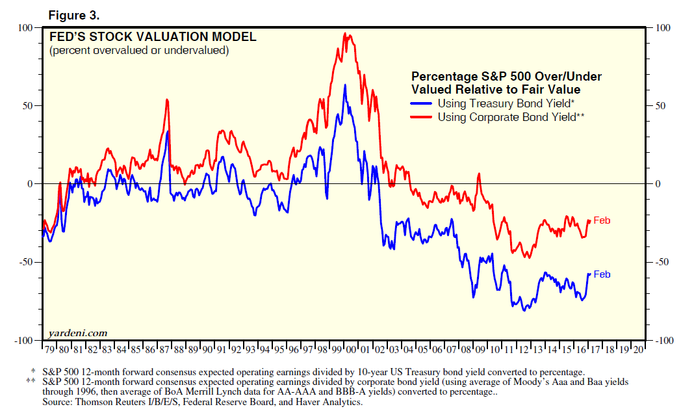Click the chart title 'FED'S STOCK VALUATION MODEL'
153,37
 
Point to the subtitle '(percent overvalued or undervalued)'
139,50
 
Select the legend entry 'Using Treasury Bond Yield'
506,103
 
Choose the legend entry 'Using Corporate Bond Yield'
509,117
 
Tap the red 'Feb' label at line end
602,221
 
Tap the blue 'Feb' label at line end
602,274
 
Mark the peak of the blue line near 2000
345,85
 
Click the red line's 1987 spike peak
167,99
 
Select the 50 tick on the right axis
660,105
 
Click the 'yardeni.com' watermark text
77,333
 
